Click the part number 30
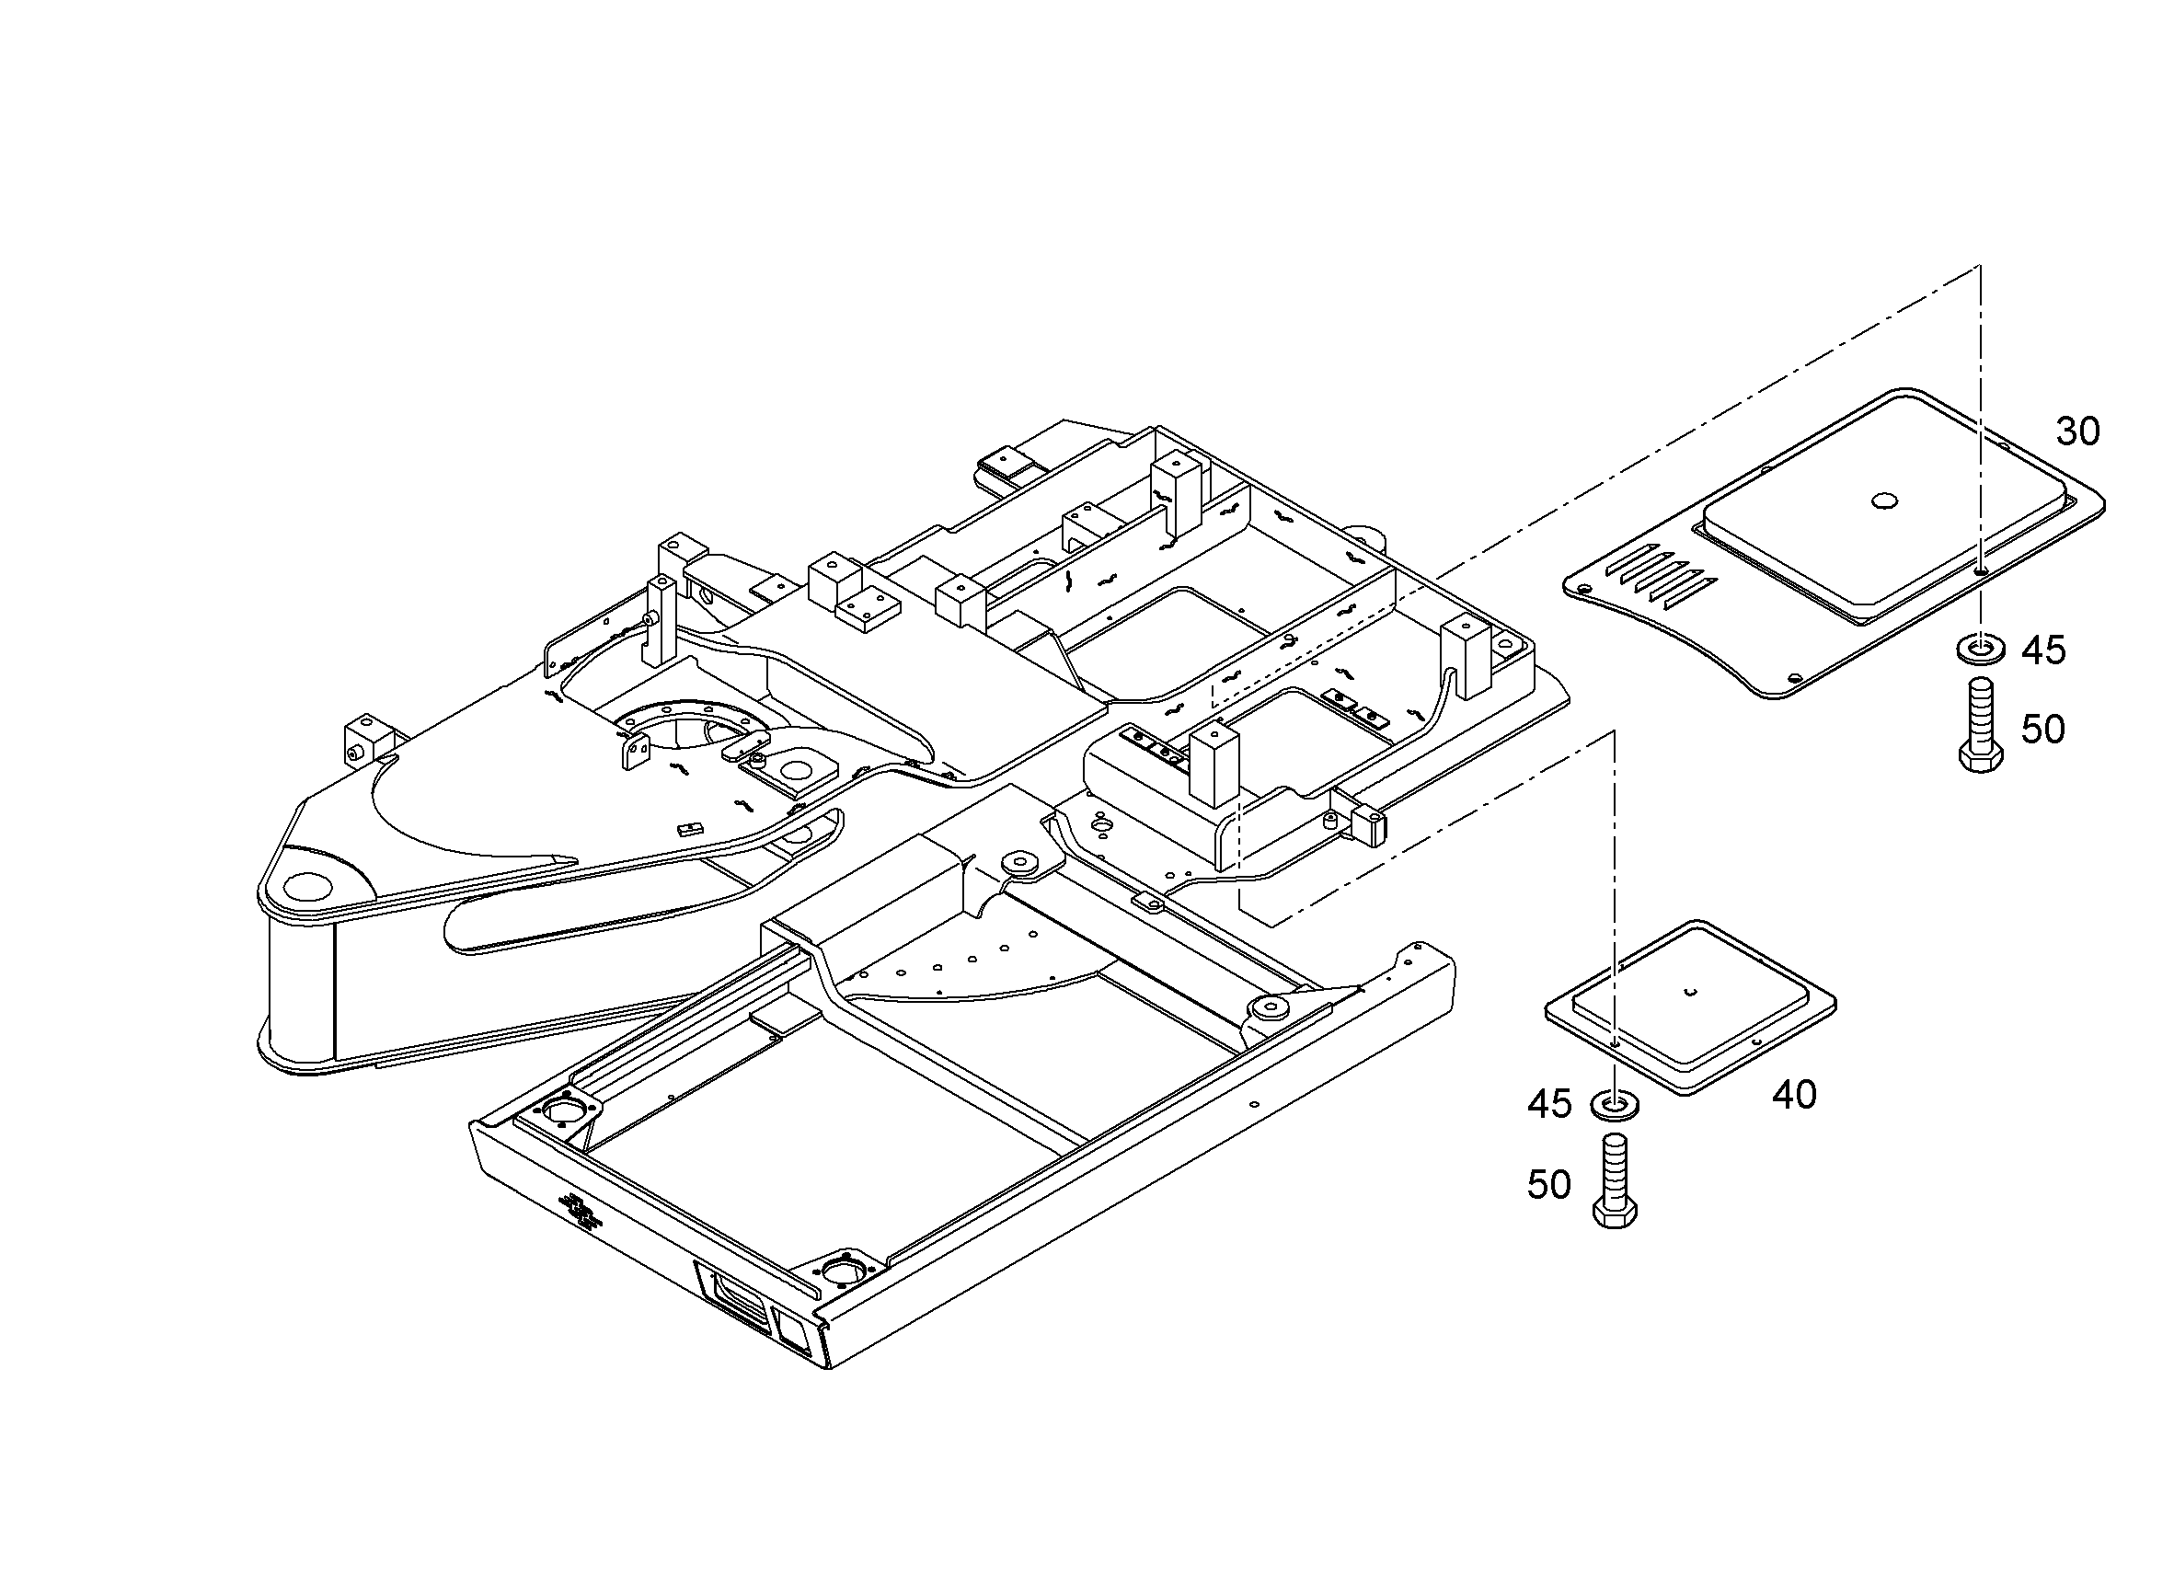click(2078, 432)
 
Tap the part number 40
click(1794, 1094)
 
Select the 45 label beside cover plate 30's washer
click(2043, 650)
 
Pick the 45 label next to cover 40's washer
click(1549, 1104)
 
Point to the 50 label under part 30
click(2043, 730)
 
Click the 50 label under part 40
click(1549, 1185)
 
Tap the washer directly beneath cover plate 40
click(1615, 1104)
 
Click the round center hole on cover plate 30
click(1883, 500)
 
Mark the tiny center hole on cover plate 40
click(1692, 991)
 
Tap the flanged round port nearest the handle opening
click(844, 1272)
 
